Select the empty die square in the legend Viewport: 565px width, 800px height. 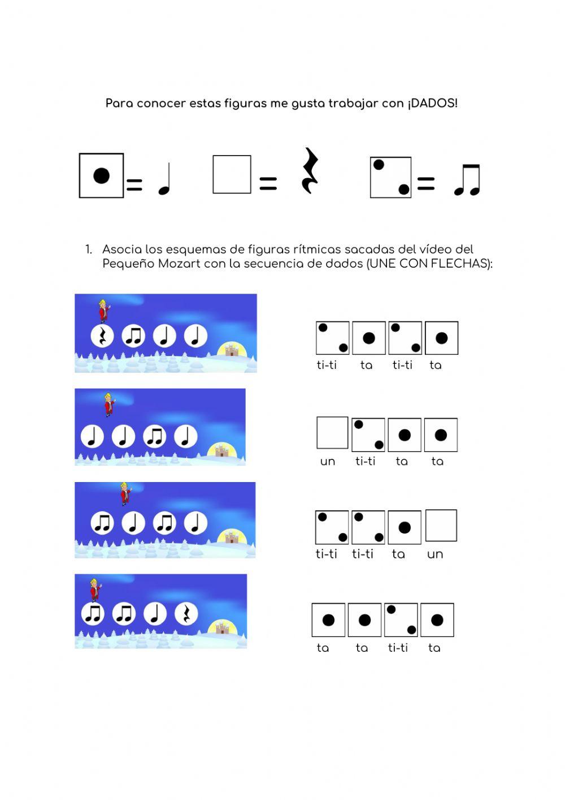(232, 174)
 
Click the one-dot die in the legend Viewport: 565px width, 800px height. (101, 175)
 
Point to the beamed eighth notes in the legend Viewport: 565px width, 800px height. (467, 180)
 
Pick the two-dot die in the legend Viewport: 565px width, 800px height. (390, 177)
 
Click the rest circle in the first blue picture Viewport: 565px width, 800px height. (102, 336)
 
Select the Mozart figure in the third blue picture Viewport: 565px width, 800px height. (125, 493)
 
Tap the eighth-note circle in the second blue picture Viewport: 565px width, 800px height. (154, 436)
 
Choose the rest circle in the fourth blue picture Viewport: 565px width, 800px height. (186, 613)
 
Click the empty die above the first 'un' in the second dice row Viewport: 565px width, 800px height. (332, 432)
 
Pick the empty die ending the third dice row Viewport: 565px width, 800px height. (441, 526)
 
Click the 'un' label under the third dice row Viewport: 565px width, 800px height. (435, 554)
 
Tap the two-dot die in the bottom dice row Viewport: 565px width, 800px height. (401, 620)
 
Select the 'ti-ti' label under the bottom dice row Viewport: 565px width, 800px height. (398, 647)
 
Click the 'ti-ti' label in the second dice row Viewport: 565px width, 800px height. (365, 461)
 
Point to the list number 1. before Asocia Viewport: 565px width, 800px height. (89, 250)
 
